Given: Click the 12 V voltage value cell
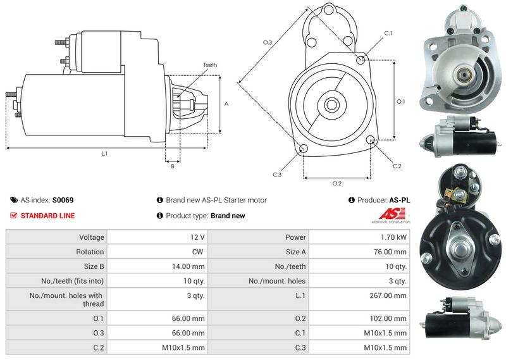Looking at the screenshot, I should point(197,237).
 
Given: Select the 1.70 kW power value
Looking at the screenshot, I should point(394,237).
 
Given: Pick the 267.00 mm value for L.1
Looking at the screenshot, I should point(389,295).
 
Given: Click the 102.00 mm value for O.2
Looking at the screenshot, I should point(389,318).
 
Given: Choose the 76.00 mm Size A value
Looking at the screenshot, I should point(391,252).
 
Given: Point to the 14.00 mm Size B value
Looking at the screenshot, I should point(188,266).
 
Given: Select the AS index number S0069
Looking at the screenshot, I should point(63,200).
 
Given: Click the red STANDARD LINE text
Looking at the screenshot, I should point(47,216).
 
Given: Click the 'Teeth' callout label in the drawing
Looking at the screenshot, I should point(210,65).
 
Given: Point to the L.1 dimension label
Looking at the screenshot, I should point(104,154).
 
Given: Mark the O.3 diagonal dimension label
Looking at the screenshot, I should point(268,42).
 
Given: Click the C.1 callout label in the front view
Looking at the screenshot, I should point(388,33).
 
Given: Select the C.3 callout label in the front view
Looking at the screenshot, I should point(277,174).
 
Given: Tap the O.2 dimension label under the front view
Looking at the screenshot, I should point(337,183).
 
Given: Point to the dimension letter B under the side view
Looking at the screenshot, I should point(172,166).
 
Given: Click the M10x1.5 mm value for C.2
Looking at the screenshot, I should point(183,347).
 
